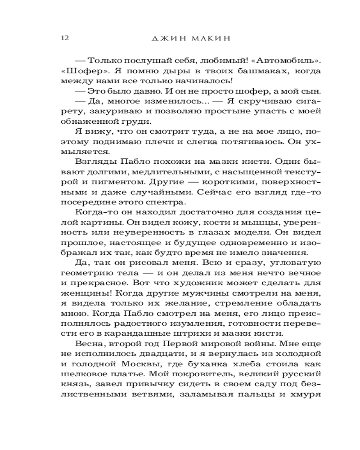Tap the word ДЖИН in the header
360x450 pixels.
(x=169, y=39)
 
